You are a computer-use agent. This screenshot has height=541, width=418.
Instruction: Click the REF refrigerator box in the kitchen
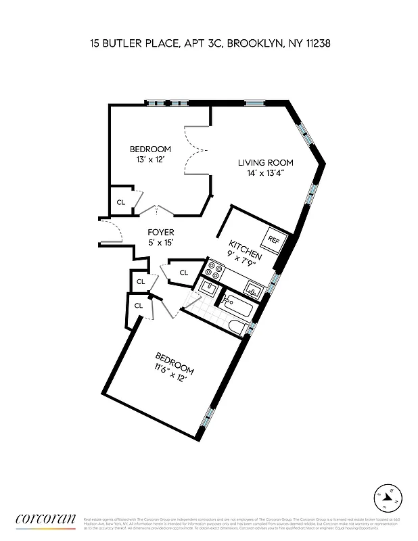(274, 240)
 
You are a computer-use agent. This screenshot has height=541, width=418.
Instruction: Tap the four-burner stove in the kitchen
(215, 270)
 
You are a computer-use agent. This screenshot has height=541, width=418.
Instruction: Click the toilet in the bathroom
(237, 329)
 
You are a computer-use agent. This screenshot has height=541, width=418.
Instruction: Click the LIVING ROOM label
(265, 162)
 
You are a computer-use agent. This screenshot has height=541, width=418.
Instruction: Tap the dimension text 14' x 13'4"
(265, 173)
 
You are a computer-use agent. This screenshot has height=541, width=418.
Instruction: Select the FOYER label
(161, 233)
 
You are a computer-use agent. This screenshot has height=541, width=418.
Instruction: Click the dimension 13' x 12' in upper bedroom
(150, 160)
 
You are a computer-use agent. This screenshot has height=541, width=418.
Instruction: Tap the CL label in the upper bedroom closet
(121, 202)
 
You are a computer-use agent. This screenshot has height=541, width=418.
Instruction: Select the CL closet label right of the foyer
(183, 273)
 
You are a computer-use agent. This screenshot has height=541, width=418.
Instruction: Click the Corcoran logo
(45, 519)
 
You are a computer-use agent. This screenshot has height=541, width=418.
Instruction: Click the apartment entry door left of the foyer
(110, 233)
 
